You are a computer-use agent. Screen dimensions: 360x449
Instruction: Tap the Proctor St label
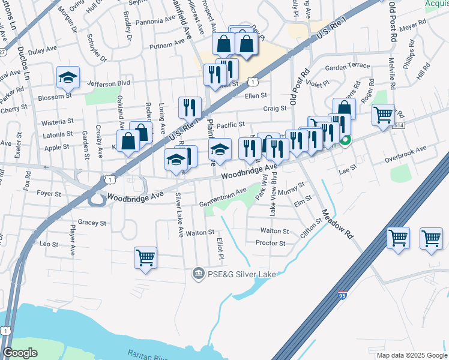[270, 243]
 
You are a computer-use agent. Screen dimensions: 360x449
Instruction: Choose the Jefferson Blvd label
[109, 83]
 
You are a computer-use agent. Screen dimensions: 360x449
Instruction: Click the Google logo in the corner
[20, 353]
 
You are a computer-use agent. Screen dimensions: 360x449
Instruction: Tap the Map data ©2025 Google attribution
[412, 355]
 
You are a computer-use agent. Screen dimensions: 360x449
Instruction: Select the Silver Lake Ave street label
[178, 214]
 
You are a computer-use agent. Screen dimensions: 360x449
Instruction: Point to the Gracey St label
[91, 222]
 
